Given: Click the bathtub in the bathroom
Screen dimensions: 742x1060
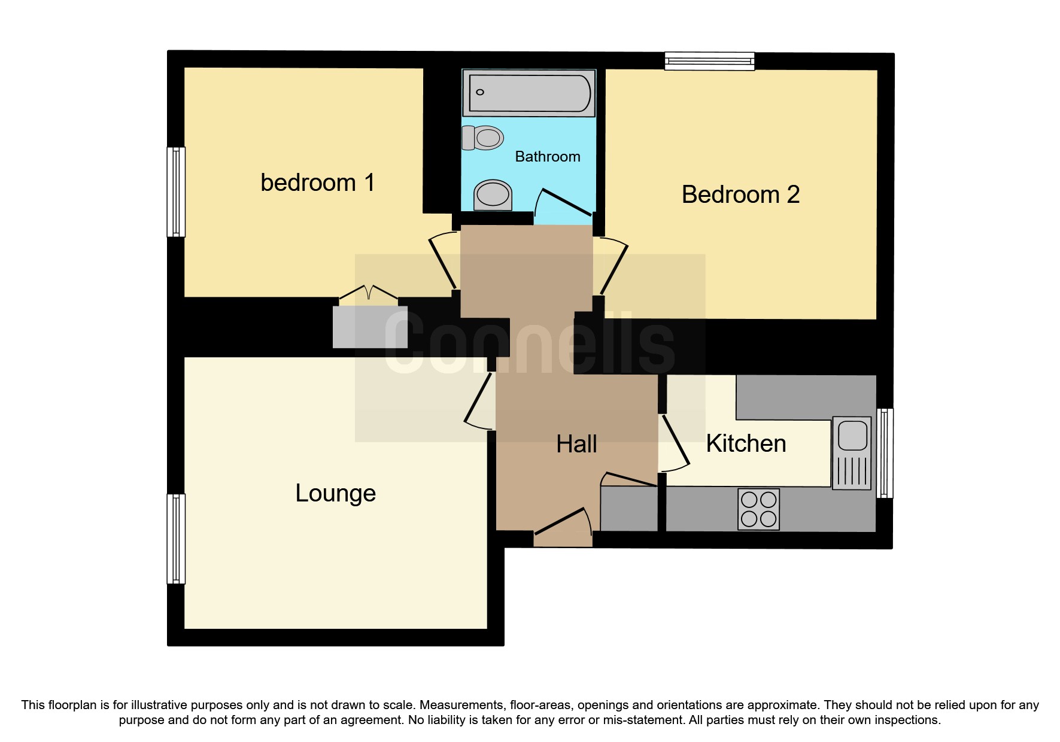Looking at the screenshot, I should point(529,93).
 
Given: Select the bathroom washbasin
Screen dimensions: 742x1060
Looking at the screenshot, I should point(493,194).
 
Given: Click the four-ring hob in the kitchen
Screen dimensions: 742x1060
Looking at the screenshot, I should point(758,509).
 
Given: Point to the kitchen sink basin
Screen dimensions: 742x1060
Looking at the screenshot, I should point(852,435).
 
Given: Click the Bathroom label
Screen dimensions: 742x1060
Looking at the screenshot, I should point(548,157).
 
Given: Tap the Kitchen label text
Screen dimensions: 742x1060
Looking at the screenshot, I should point(746,444).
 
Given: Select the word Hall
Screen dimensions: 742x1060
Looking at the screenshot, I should point(576,445).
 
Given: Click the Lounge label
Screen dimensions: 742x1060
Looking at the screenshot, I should point(336,493).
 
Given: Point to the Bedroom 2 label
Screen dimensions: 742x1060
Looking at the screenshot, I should point(740,194).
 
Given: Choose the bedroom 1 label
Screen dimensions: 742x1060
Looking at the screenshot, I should point(318,183).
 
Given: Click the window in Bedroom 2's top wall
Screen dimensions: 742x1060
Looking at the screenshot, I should point(710,60).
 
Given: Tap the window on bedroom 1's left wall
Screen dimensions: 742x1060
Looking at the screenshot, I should point(175,192).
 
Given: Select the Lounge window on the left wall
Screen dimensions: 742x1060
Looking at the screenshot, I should point(175,539).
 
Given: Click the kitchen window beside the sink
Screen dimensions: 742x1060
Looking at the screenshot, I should point(885,453).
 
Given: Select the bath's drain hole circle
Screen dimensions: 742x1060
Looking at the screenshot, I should point(480,92).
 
